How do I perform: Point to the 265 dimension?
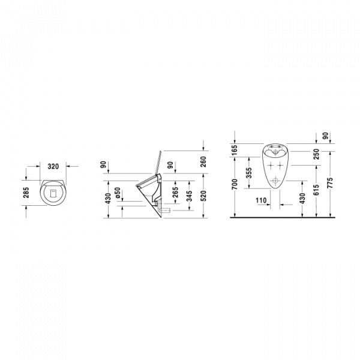[x=175, y=194]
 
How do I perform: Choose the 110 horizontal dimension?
[x=261, y=200]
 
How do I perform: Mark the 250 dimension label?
[x=316, y=154]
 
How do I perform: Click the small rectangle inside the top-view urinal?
[x=53, y=193]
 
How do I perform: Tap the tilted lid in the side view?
[x=157, y=161]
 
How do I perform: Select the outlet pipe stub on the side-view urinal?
[x=167, y=209]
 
